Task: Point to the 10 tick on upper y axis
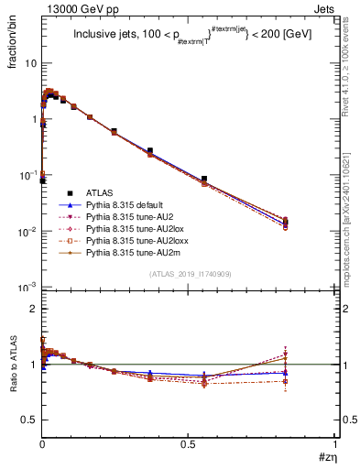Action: [x=31, y=63]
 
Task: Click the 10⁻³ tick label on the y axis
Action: [x=27, y=288]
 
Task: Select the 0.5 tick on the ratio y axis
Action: [x=29, y=420]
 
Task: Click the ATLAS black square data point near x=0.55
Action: [x=204, y=179]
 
